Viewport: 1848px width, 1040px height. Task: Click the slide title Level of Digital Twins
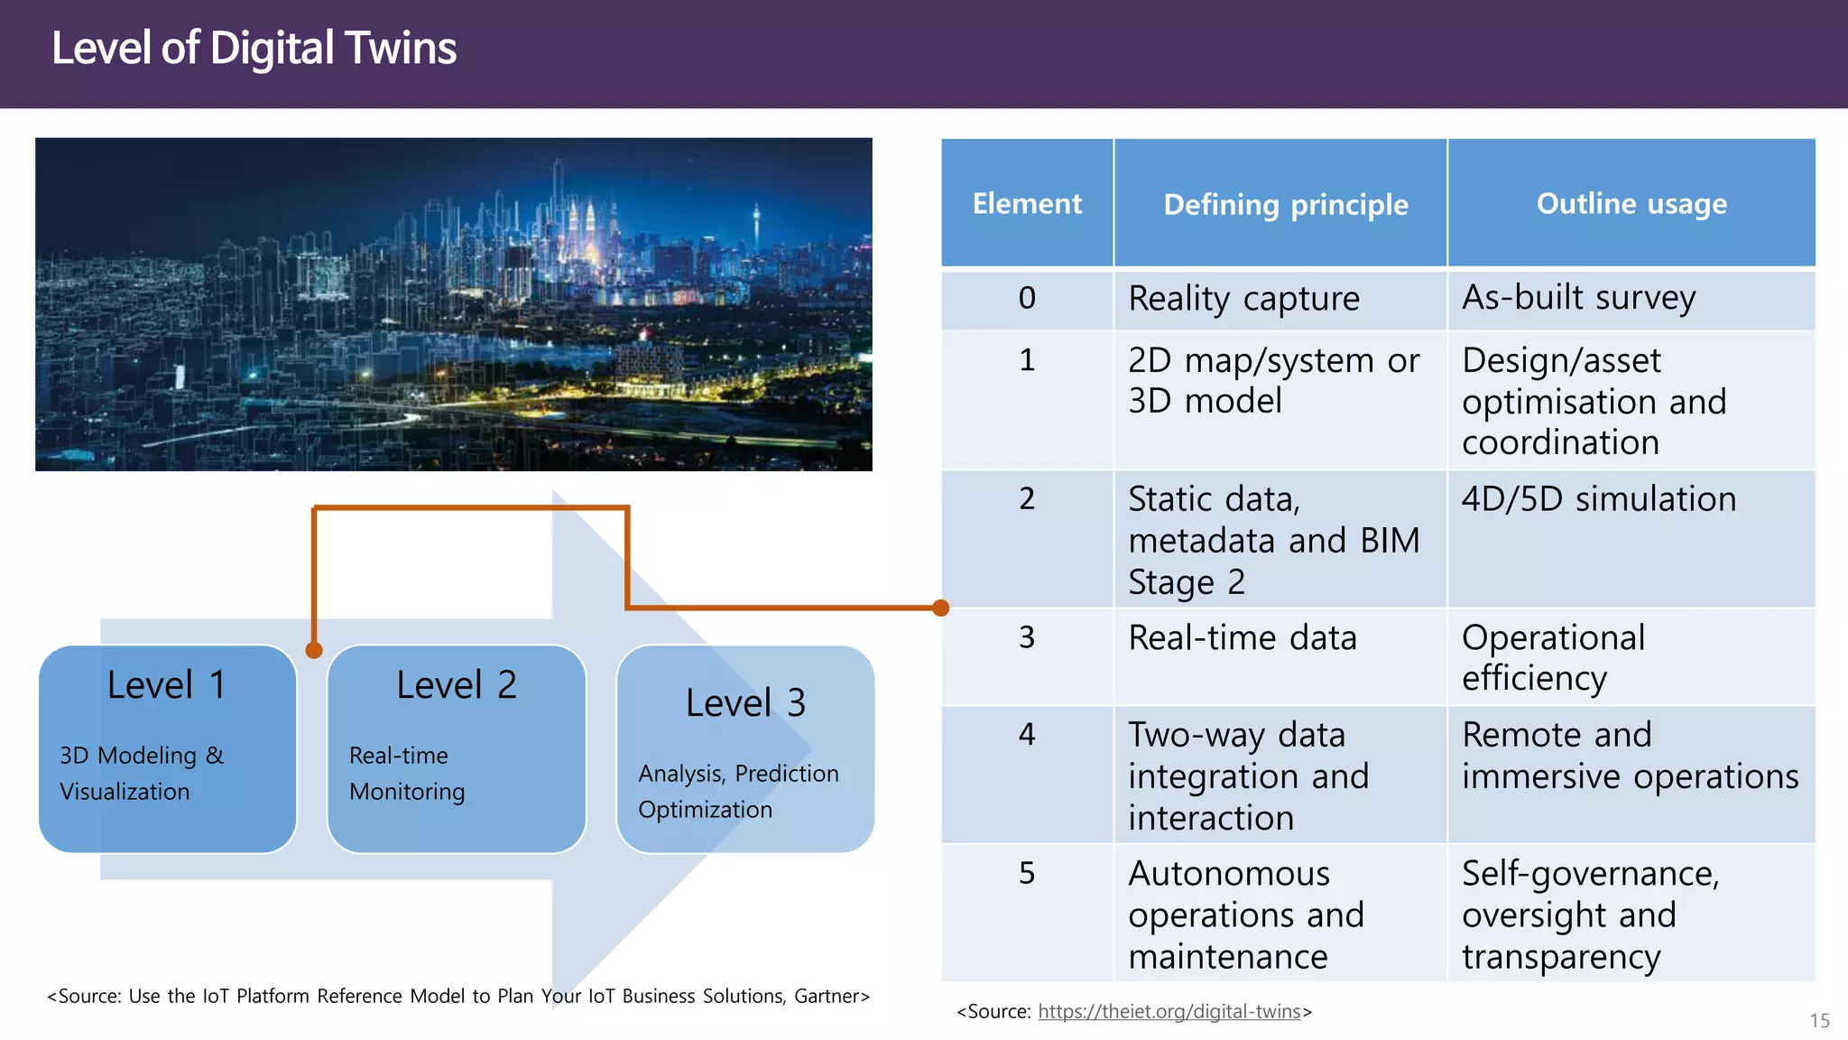(254, 48)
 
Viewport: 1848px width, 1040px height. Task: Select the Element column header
(1027, 204)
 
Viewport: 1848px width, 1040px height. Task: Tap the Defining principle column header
(1285, 205)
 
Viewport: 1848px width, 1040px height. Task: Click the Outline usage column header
(1631, 204)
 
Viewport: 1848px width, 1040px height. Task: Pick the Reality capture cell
(1243, 299)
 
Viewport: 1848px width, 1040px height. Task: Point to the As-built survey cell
(1578, 298)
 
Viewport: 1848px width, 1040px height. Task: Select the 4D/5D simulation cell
(1598, 499)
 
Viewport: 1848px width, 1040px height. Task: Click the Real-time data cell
(1243, 638)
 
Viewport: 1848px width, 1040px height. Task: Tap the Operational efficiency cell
(1553, 658)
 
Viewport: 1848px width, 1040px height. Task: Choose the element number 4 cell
(1027, 734)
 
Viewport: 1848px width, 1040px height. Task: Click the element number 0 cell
(1027, 298)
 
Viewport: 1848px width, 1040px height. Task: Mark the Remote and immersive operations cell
(1630, 756)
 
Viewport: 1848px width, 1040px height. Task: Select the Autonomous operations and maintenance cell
(1245, 915)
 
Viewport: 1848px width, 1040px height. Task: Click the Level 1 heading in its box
(166, 685)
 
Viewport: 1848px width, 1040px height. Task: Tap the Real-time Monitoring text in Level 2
(407, 774)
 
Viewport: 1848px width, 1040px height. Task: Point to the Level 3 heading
(745, 703)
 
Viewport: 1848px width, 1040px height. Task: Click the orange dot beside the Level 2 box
(314, 650)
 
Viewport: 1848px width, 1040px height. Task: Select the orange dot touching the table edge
(940, 608)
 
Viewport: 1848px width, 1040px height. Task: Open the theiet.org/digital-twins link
(1169, 1012)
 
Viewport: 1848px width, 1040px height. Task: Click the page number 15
(1819, 1021)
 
